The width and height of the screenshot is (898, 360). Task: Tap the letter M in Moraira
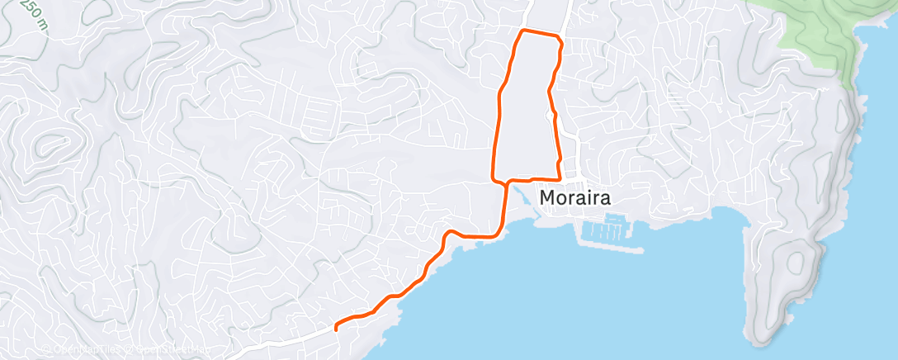pos(548,198)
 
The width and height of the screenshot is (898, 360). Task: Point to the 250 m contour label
pos(32,13)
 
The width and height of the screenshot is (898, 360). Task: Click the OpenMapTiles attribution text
pos(83,350)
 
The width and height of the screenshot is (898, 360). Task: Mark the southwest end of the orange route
pos(336,329)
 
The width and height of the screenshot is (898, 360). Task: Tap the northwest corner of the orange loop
pos(521,31)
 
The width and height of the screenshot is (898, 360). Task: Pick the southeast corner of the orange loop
pos(560,178)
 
